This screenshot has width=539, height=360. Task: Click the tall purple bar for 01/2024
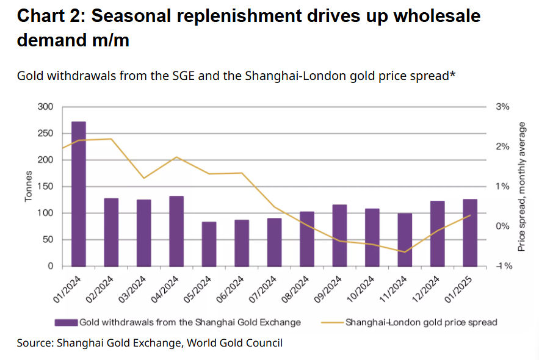pyautogui.click(x=78, y=194)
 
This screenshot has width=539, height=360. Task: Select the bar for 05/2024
pyautogui.click(x=209, y=244)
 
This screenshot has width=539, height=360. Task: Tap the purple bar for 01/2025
pyautogui.click(x=470, y=232)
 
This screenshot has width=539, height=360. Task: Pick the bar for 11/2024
pyautogui.click(x=405, y=240)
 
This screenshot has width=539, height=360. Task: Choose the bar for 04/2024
pyautogui.click(x=176, y=231)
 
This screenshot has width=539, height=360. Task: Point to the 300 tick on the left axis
pyautogui.click(x=45, y=107)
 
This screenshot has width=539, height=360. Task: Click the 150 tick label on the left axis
pyautogui.click(x=45, y=187)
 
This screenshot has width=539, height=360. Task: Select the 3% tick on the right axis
pyautogui.click(x=502, y=107)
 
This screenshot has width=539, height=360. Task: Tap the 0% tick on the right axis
pyautogui.click(x=502, y=226)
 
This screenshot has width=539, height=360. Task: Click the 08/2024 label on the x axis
pyautogui.click(x=295, y=290)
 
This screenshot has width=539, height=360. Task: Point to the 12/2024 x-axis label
pyautogui.click(x=425, y=290)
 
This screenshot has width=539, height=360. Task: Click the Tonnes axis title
pyautogui.click(x=28, y=186)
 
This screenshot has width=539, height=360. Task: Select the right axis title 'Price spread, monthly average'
pyautogui.click(x=521, y=187)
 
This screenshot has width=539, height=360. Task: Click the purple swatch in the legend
pyautogui.click(x=66, y=323)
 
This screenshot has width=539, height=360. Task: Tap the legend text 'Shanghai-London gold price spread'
pyautogui.click(x=421, y=323)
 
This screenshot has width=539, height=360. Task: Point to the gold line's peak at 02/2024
pyautogui.click(x=110, y=139)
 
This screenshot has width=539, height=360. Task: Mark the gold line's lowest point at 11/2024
pyautogui.click(x=405, y=252)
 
